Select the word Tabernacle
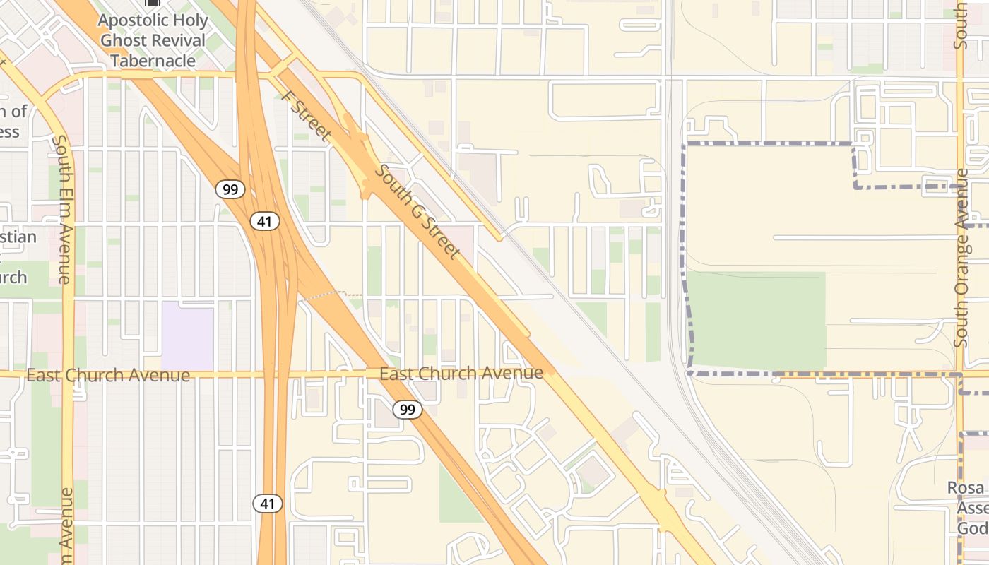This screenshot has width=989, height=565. coord(153,61)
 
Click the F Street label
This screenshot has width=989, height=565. coord(306,116)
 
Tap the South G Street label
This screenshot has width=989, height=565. coord(418,212)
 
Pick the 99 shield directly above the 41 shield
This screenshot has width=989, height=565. coord(230,189)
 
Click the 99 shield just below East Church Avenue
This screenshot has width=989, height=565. coord(408,409)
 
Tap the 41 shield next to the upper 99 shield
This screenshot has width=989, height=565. coord(265,222)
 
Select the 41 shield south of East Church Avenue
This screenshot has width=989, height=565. coord(268,504)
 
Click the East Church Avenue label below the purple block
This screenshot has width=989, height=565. coord(108,375)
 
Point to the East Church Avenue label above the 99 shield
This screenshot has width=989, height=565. coord(461,373)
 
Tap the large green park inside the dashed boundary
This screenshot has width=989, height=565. coord(756,321)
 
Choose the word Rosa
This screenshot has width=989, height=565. coord(966,488)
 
